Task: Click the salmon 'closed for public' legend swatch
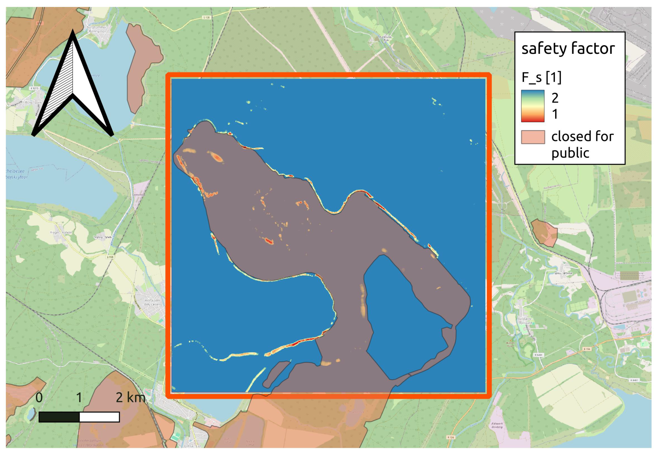tap(533, 137)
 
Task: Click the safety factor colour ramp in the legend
tap(533, 106)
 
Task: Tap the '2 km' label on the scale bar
tap(130, 397)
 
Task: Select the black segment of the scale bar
tap(59, 417)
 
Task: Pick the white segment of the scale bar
tap(99, 417)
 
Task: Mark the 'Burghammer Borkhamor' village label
tap(96, 29)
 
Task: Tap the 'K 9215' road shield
tap(34, 88)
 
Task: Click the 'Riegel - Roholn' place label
tap(61, 232)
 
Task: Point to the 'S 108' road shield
tap(110, 257)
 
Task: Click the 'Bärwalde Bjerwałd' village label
tap(525, 321)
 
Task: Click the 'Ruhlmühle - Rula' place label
tap(386, 38)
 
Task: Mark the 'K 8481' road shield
tap(634, 380)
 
